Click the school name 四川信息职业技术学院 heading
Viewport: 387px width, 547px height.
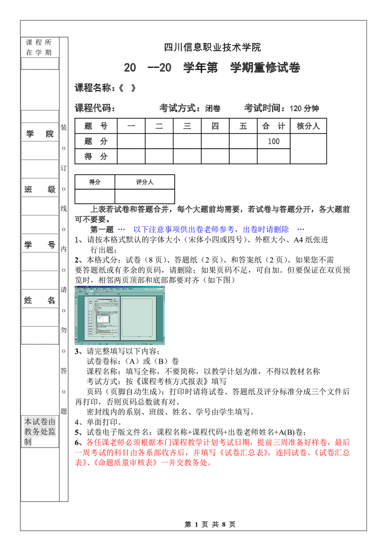(212, 47)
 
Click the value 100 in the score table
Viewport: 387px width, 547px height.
(273, 141)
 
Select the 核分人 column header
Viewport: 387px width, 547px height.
(308, 126)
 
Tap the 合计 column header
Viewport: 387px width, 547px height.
(273, 126)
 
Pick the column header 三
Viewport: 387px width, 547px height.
(187, 126)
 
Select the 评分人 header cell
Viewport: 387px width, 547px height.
(145, 182)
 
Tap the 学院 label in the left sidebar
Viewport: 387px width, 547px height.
(39, 134)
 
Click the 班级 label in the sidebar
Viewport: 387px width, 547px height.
(39, 190)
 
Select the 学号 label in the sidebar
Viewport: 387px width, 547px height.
(39, 245)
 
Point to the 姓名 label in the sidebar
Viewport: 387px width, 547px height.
(39, 301)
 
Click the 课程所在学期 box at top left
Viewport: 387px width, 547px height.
(39, 47)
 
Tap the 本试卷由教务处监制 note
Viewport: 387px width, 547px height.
(40, 431)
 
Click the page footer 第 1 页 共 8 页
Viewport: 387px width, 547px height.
(210, 525)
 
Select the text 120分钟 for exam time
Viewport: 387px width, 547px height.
(304, 109)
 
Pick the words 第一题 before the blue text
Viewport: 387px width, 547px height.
(102, 229)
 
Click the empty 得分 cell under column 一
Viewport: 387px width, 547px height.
(131, 156)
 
